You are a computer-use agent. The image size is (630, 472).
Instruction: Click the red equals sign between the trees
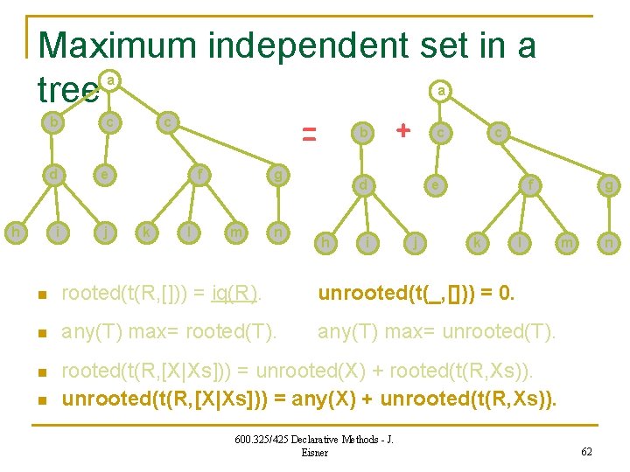click(x=309, y=134)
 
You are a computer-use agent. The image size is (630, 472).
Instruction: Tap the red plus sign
click(x=402, y=130)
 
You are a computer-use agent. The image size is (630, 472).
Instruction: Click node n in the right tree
click(x=606, y=242)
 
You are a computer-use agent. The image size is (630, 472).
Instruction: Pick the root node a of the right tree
click(x=443, y=89)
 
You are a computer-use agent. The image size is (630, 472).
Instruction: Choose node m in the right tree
click(x=566, y=242)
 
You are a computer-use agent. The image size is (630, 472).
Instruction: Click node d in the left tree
click(x=54, y=174)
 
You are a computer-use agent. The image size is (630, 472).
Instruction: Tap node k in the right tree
click(x=477, y=242)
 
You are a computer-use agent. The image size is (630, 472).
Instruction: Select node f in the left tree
click(x=202, y=174)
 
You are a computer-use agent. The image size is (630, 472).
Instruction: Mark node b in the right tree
click(x=361, y=132)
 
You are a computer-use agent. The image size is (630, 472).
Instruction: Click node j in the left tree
click(x=104, y=233)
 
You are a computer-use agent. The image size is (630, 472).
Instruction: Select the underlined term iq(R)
click(x=234, y=293)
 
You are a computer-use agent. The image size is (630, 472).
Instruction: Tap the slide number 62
click(x=588, y=452)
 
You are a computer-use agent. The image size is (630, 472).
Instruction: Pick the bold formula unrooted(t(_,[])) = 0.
click(x=416, y=293)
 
